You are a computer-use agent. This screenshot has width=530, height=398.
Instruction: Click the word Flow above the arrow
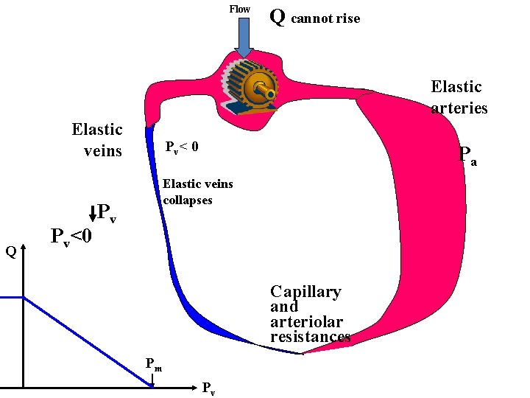[239, 9]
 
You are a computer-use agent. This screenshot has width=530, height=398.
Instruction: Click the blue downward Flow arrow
[244, 36]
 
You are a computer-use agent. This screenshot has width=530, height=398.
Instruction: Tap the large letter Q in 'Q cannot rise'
[278, 16]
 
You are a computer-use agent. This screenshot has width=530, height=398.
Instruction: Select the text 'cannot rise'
[325, 18]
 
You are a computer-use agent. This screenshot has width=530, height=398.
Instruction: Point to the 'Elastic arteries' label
[459, 97]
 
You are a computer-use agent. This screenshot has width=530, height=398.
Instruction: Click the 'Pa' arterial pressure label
[467, 155]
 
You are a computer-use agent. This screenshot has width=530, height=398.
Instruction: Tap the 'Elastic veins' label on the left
[97, 140]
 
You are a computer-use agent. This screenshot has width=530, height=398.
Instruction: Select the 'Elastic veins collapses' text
[197, 192]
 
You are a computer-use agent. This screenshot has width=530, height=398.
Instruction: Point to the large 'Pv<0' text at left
[71, 237]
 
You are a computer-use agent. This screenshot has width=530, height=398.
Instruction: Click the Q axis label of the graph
[10, 252]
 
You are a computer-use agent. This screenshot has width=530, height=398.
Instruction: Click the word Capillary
[305, 292]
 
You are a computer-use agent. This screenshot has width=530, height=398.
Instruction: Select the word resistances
[310, 337]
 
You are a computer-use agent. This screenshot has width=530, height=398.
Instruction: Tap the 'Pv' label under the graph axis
[208, 388]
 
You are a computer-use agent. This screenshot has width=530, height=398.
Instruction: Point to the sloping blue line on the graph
[88, 341]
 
